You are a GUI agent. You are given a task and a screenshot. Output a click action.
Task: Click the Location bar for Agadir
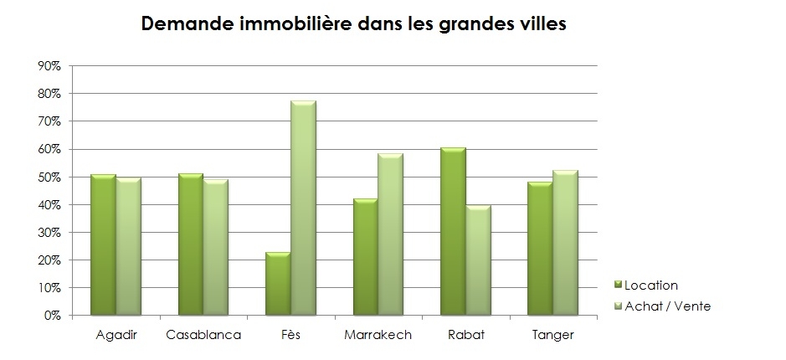(103, 245)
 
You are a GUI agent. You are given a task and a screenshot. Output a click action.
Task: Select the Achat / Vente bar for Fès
(302, 208)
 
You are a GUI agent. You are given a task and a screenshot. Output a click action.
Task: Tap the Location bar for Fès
(278, 284)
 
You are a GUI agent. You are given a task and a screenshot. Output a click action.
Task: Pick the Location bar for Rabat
(453, 232)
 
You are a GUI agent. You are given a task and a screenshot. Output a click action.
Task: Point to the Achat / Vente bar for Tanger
(565, 243)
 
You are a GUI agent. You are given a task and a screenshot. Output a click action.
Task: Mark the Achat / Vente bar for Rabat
(477, 260)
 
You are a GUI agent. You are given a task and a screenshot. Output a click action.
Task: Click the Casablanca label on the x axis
(203, 336)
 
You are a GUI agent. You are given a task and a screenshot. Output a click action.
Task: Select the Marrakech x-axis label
(378, 336)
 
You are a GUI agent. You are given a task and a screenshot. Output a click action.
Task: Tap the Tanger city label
(552, 336)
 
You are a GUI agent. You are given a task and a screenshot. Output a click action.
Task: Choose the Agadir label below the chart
(116, 336)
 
